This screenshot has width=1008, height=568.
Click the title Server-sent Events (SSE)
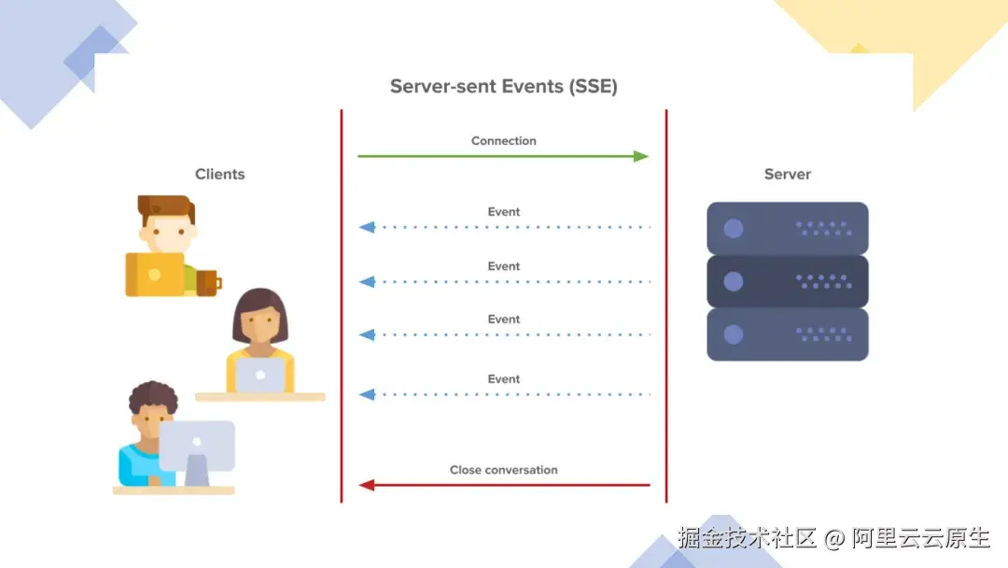pos(503,87)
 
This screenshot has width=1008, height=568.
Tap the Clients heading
pos(219,175)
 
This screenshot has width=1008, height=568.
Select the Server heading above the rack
pos(787,175)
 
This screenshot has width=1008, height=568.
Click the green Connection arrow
pos(503,157)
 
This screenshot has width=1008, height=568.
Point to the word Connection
pos(503,141)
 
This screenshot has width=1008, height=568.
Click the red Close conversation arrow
pos(504,485)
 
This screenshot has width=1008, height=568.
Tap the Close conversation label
pos(503,470)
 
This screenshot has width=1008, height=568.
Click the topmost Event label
pos(503,212)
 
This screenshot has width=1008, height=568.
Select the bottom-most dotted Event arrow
pos(504,395)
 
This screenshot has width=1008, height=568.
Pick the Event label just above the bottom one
pos(503,319)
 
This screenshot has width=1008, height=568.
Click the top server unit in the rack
pos(787,228)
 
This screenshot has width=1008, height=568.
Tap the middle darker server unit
pos(787,281)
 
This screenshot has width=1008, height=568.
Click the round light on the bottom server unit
pos(734,334)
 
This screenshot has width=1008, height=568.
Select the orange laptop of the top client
pos(155,275)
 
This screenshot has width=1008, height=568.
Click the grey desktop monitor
pos(196,446)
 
